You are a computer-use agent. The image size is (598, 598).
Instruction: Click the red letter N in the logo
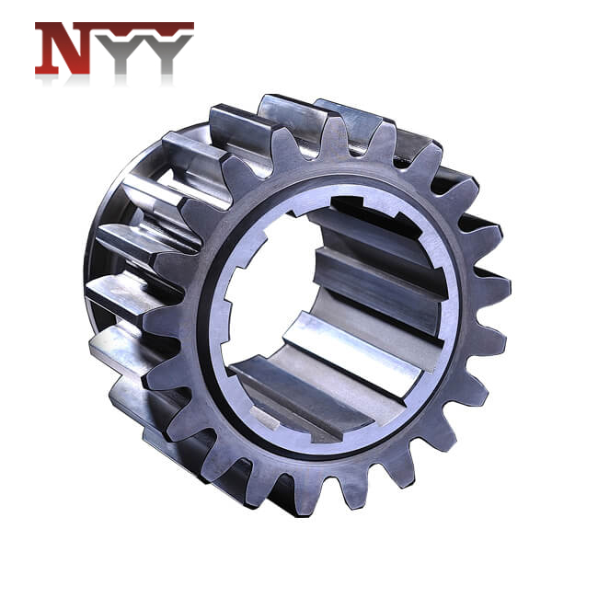click(x=63, y=51)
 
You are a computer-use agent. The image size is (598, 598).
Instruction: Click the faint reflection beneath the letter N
click(x=63, y=81)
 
